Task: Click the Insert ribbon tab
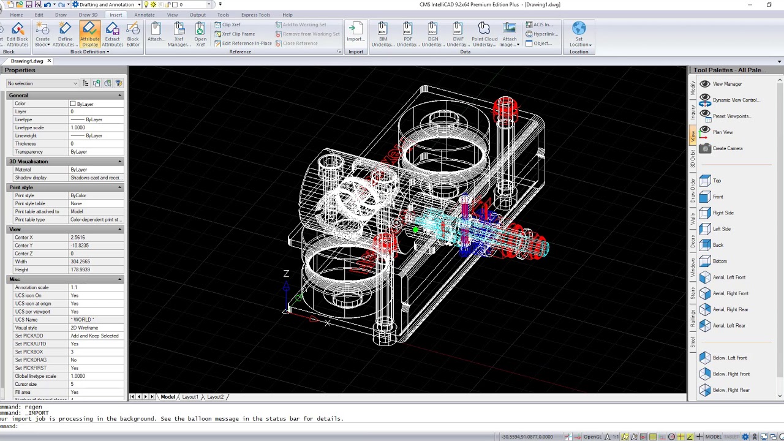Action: coord(116,15)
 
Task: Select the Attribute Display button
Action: coord(89,34)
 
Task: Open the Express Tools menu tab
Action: coord(255,15)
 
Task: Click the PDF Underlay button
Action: coord(408,34)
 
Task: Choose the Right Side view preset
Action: coord(723,213)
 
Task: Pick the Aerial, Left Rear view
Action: coord(729,326)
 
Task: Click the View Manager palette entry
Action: coord(727,84)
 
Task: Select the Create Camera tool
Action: coord(727,148)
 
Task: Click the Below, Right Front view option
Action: coord(731,374)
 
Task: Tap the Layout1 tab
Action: coord(190,397)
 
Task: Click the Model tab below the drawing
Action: coord(167,397)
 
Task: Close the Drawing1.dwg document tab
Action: coord(49,61)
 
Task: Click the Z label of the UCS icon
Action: coord(286,274)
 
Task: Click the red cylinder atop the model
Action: coord(505,109)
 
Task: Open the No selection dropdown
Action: coord(42,83)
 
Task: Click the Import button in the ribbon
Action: coord(356,34)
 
